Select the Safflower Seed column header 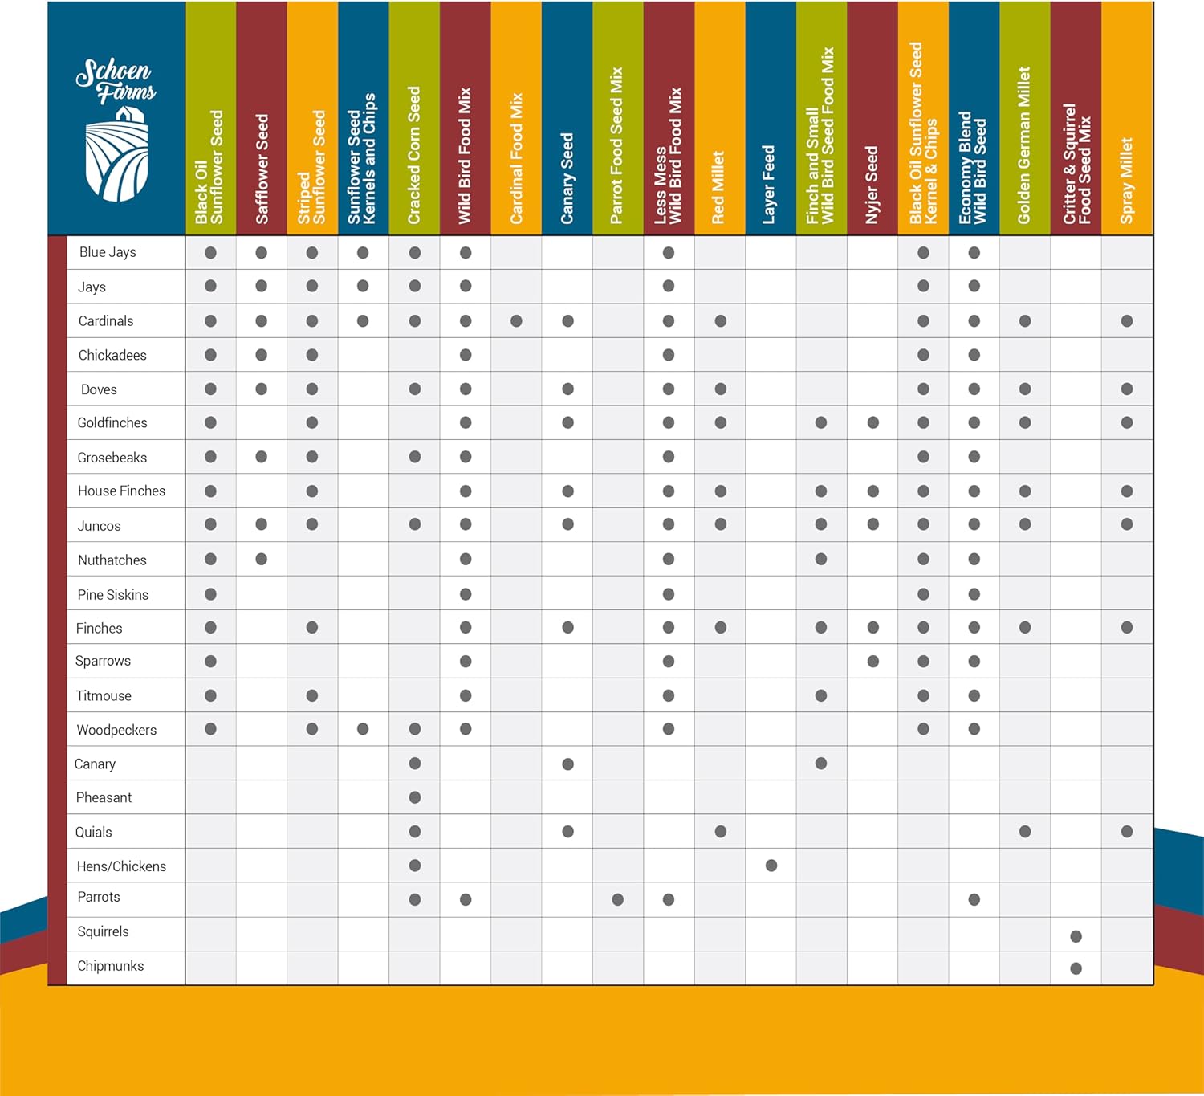click(x=262, y=169)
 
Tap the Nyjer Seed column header click(x=872, y=185)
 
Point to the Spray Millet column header click(x=1127, y=181)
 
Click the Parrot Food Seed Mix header click(x=617, y=145)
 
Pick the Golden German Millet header click(x=1025, y=145)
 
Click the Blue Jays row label click(x=108, y=252)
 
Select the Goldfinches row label click(x=112, y=422)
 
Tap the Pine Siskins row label click(x=113, y=594)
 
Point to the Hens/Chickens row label click(x=121, y=866)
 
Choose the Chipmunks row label click(x=111, y=966)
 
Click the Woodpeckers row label click(x=116, y=730)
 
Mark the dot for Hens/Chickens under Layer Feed click(x=771, y=866)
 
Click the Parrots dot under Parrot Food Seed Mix click(x=617, y=899)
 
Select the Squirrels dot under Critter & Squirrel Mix click(x=1076, y=936)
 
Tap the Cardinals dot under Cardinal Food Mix click(x=516, y=321)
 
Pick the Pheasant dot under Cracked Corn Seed click(x=415, y=797)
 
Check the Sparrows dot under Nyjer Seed click(x=873, y=662)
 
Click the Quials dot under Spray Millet click(x=1127, y=832)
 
